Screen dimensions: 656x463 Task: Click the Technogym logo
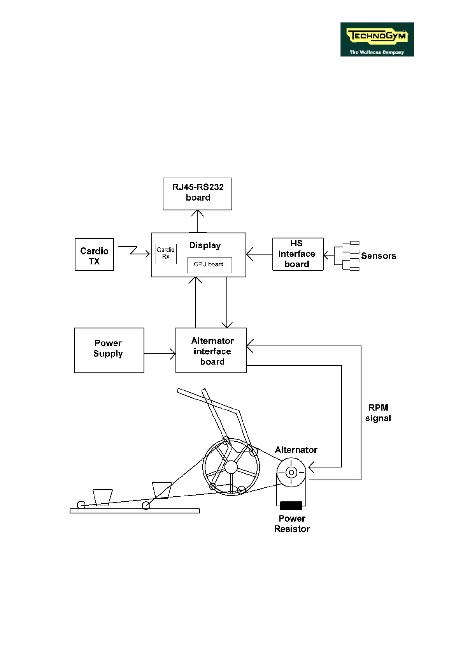(377, 39)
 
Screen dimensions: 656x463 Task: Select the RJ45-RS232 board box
(197, 194)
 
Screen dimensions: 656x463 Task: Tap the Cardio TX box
(94, 254)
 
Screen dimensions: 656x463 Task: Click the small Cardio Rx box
(166, 253)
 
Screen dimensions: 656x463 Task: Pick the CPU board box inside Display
(209, 265)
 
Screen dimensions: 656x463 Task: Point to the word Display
(205, 245)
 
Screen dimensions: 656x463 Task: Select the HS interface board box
(298, 254)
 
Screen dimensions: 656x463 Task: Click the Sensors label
(378, 256)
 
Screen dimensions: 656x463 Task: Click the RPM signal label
(378, 413)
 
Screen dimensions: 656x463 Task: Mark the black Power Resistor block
(291, 506)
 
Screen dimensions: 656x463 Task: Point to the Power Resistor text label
(292, 524)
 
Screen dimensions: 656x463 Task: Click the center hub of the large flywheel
(231, 467)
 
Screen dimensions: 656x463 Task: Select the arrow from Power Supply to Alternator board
(160, 354)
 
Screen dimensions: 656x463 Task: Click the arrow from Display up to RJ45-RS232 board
(197, 221)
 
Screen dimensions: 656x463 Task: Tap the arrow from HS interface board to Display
(259, 254)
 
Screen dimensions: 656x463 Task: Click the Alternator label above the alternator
(296, 450)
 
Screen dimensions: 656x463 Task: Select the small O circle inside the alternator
(291, 473)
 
